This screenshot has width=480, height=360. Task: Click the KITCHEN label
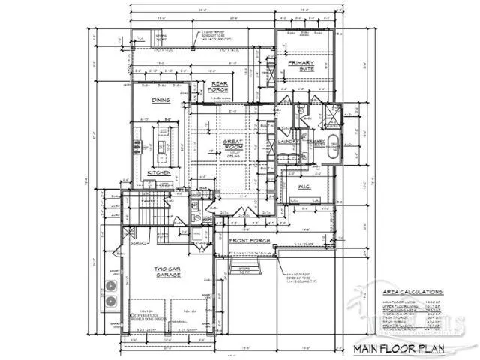point(159,172)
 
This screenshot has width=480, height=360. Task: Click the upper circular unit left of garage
point(111,286)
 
